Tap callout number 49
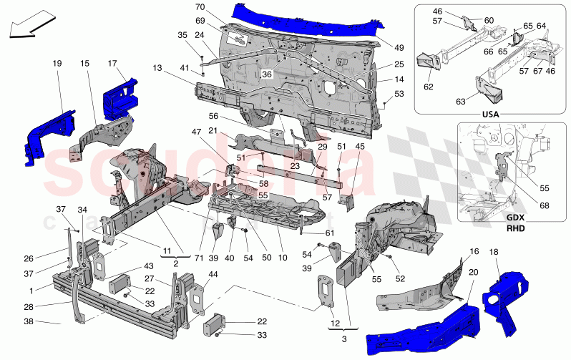399,47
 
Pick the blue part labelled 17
119,95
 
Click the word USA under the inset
491,112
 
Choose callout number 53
399,94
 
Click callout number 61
329,233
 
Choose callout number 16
474,252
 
